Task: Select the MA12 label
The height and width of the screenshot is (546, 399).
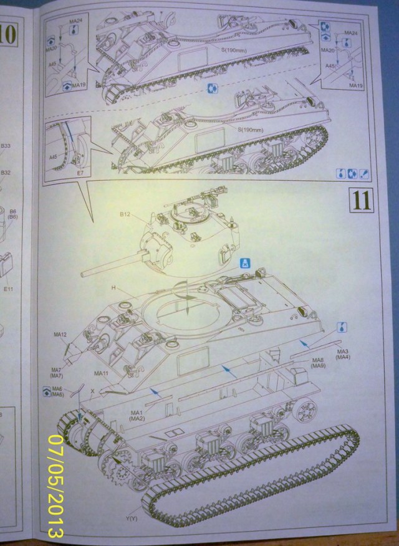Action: pos(60,335)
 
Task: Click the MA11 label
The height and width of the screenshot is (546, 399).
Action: pos(102,372)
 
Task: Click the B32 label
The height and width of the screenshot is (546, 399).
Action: pos(6,173)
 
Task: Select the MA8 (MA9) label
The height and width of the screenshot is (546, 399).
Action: pos(319,362)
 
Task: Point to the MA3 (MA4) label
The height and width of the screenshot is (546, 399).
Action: pos(342,353)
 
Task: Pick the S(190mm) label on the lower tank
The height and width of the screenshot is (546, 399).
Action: pos(252,130)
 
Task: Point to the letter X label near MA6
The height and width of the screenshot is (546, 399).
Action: pos(92,391)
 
